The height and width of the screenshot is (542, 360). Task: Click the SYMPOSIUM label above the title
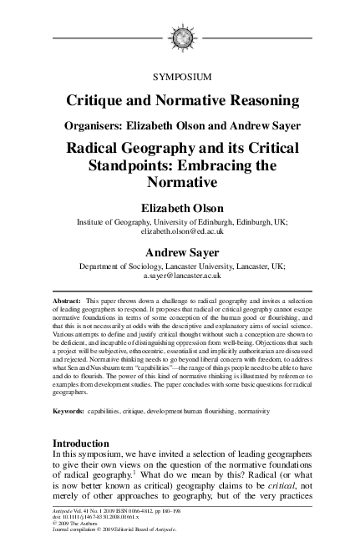tap(182, 77)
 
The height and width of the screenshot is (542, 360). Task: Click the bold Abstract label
tap(68, 299)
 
